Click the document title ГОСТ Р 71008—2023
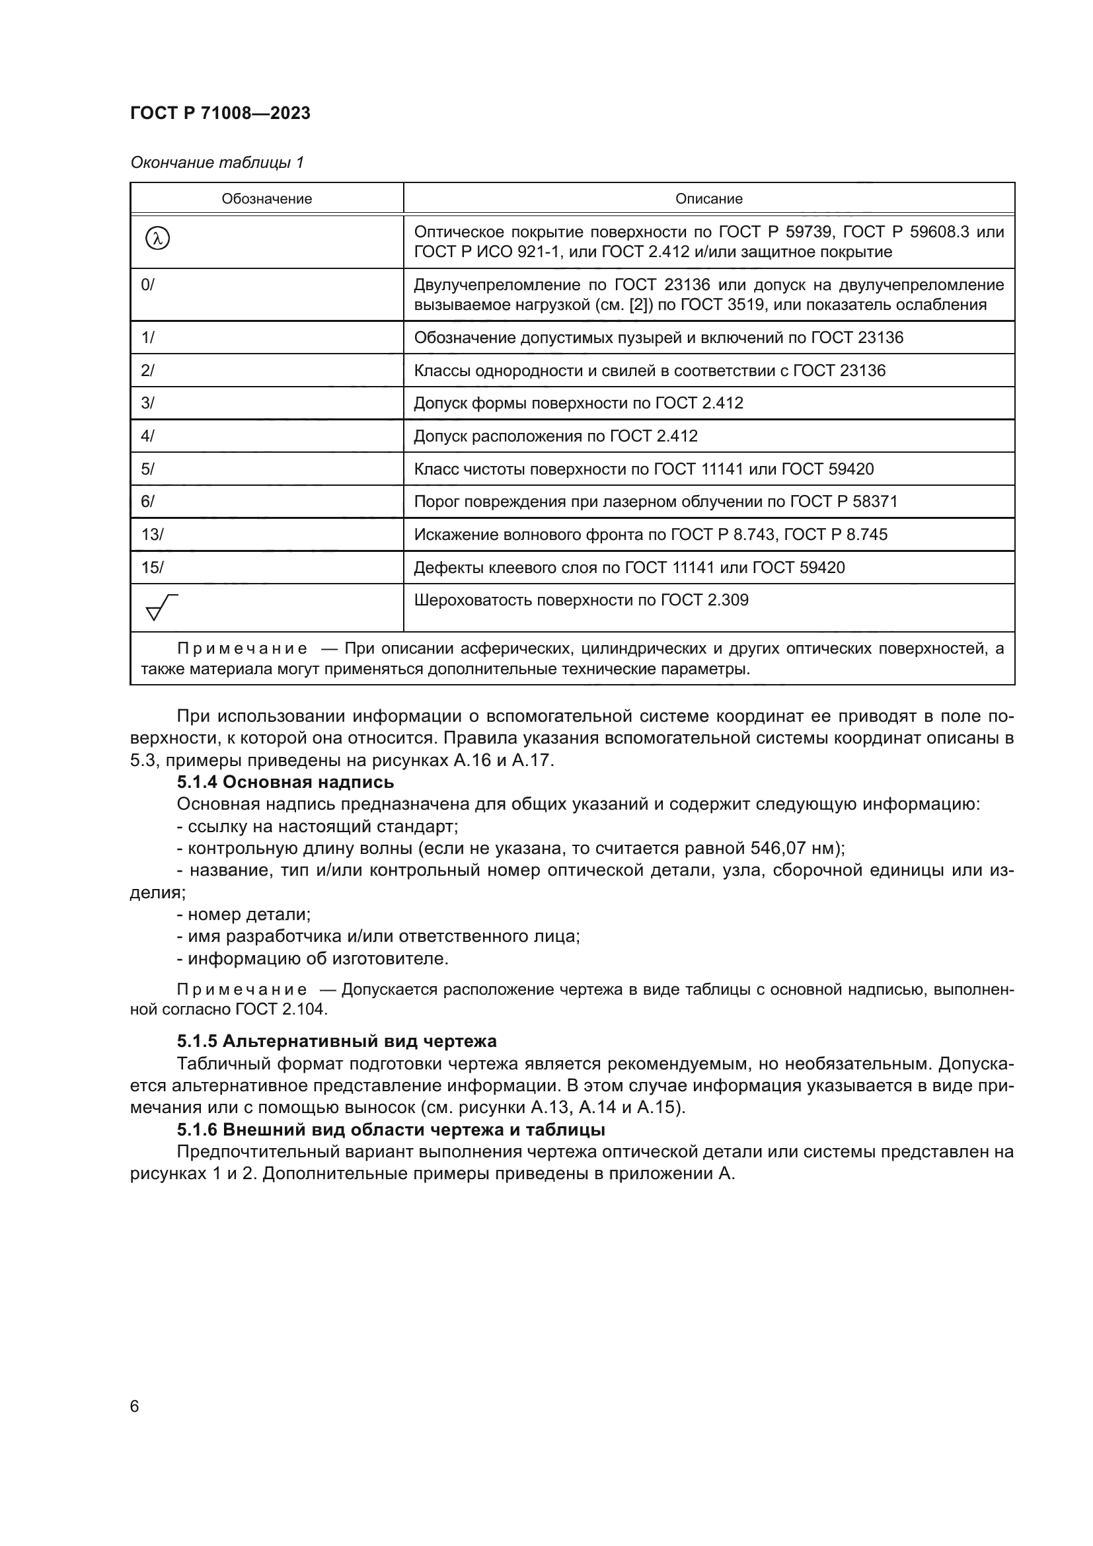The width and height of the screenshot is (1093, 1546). [x=220, y=113]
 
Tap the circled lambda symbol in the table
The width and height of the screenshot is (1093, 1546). [x=157, y=239]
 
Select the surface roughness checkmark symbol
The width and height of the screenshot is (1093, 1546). [x=161, y=607]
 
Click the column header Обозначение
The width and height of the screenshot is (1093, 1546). [x=266, y=199]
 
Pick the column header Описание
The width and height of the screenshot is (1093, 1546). [x=708, y=199]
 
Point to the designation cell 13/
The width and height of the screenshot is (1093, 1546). [x=152, y=535]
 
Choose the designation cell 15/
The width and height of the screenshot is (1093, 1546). [x=152, y=568]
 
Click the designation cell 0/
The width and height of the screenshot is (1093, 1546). [x=147, y=285]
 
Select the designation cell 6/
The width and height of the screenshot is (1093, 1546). [x=147, y=502]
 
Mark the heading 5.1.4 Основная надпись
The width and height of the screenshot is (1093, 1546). [x=285, y=782]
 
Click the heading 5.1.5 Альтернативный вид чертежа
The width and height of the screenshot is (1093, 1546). [x=336, y=1041]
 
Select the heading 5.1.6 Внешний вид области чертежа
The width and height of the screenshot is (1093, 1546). [x=391, y=1129]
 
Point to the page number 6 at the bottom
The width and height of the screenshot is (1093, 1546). [x=135, y=1407]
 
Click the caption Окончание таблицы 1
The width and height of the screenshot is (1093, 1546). [x=217, y=163]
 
